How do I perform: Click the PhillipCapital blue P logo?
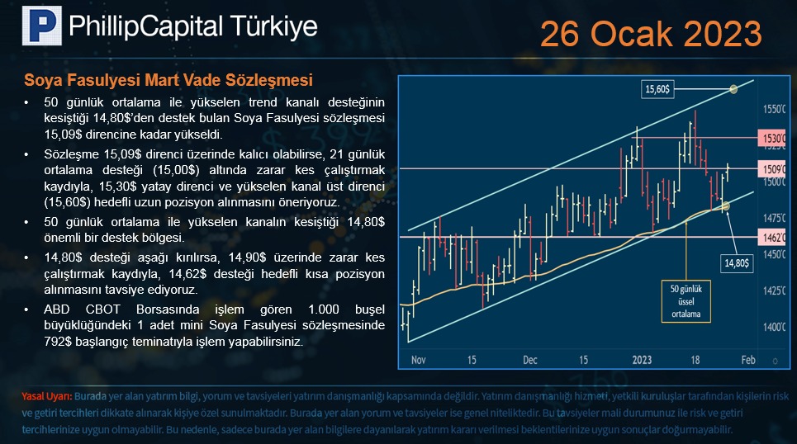pos(41,26)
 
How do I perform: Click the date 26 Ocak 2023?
pos(651,34)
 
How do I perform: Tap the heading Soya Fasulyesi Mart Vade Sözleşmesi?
pos(168,80)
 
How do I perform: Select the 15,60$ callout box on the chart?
pos(657,89)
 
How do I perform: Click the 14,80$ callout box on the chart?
pos(737,263)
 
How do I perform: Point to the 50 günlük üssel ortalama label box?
pos(686,301)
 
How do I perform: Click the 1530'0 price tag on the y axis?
pos(772,138)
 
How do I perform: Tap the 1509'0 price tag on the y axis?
pos(772,168)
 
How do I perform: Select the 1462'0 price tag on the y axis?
pos(772,237)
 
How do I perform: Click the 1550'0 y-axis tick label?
pos(774,109)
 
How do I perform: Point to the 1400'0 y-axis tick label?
pos(774,327)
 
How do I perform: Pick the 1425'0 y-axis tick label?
pos(774,291)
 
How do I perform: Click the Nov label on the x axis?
pos(419,360)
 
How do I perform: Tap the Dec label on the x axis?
pos(530,360)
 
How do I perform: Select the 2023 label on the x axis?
pos(642,360)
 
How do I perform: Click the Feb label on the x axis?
pos(748,360)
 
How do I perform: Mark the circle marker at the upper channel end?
pos(733,89)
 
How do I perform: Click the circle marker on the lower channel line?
pos(726,206)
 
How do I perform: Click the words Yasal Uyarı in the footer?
pos(47,396)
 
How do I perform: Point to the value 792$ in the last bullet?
pos(58,342)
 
